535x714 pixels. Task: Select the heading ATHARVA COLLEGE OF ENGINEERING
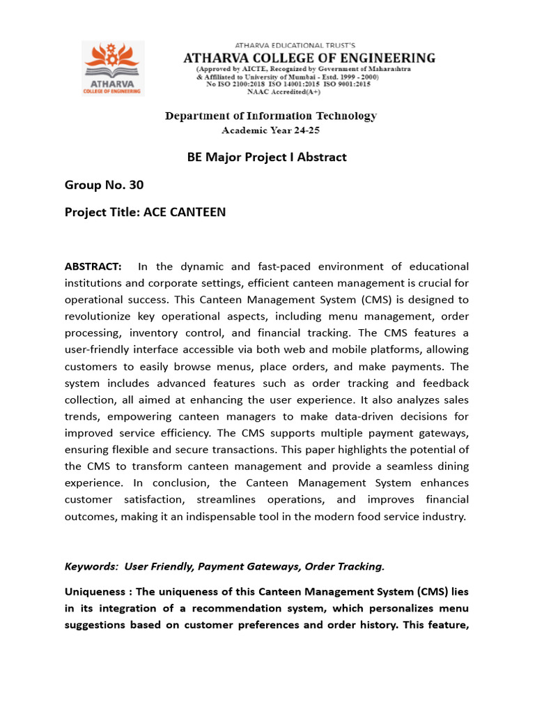(309, 58)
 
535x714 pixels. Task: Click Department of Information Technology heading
(271, 116)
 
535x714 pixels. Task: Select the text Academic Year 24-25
(271, 130)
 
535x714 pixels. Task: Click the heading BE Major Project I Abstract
(267, 157)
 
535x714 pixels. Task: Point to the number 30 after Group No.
(136, 185)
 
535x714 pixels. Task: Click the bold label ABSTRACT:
(93, 266)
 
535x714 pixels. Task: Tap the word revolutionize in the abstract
(98, 316)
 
